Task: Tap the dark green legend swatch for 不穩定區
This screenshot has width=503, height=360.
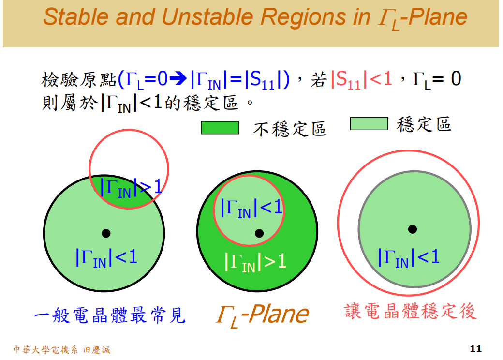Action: click(220, 127)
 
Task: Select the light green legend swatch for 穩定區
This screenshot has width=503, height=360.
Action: click(369, 124)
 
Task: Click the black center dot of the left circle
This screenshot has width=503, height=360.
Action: click(106, 233)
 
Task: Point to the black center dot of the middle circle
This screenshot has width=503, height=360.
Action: click(259, 233)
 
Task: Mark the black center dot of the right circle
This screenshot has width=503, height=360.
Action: click(412, 229)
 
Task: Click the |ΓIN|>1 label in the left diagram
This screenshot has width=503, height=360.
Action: click(131, 187)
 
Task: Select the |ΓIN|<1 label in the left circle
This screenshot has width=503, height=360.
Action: click(106, 257)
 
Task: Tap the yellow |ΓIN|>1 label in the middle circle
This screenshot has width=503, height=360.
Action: click(255, 261)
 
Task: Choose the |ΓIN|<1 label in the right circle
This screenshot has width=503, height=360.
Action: click(409, 257)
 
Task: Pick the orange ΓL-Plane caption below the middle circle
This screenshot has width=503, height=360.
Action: click(262, 315)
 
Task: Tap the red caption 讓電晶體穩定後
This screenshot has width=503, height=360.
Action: click(411, 311)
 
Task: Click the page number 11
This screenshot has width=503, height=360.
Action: click(475, 349)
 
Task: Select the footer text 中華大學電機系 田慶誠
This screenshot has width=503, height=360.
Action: click(61, 349)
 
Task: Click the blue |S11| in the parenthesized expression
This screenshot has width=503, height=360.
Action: click(264, 79)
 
